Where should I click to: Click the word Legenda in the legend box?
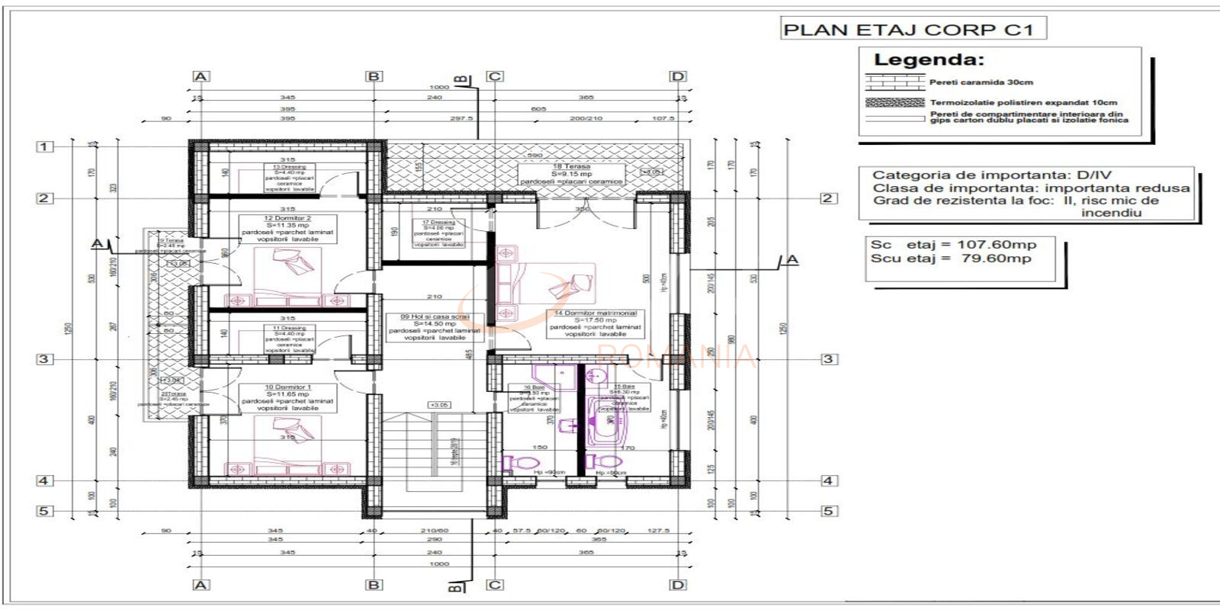(x=929, y=60)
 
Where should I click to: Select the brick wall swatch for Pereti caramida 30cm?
(x=894, y=82)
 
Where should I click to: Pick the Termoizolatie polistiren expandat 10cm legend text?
(x=1023, y=102)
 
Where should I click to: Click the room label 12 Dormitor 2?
(x=287, y=218)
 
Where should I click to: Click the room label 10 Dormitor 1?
(x=287, y=387)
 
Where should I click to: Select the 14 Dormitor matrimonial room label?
(x=596, y=313)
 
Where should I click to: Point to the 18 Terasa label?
(x=571, y=166)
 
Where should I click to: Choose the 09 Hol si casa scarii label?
(x=435, y=316)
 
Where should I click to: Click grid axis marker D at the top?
(x=678, y=76)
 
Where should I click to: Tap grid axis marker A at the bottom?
(x=201, y=585)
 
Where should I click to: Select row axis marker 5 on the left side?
(x=44, y=511)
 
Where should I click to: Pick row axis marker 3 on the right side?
(x=829, y=358)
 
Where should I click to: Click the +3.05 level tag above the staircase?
(x=439, y=405)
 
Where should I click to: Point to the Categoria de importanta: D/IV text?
(x=991, y=175)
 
